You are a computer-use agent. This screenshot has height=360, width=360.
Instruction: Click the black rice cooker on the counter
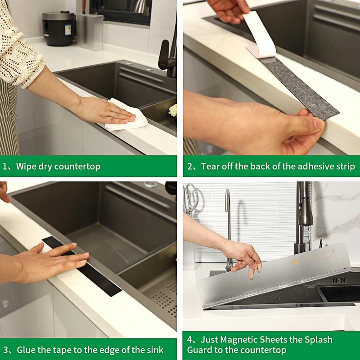click(x=59, y=28)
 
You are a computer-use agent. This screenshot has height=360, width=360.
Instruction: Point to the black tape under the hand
click(x=83, y=266)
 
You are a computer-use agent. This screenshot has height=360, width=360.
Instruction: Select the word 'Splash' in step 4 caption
click(x=319, y=340)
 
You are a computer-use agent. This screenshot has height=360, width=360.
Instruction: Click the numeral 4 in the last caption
click(x=189, y=340)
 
